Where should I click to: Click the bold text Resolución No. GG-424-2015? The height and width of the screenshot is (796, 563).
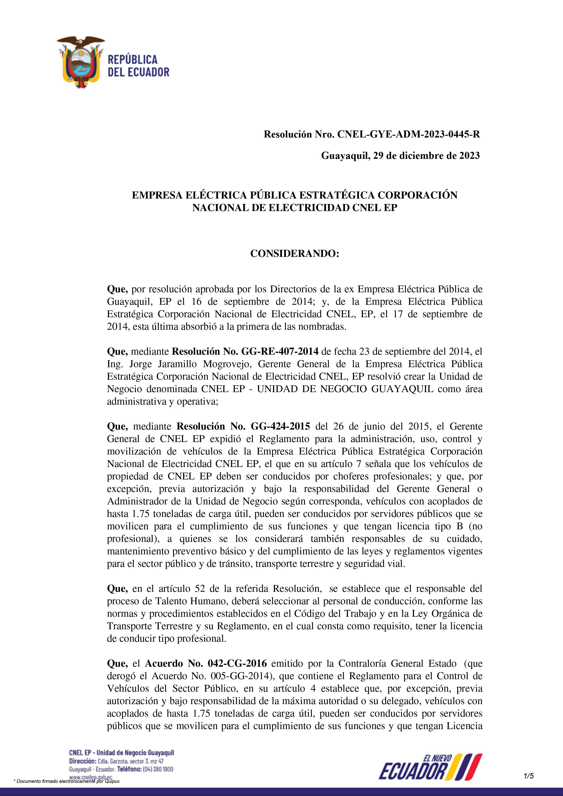(243, 426)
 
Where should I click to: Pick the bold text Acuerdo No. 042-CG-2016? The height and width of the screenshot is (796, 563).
(206, 663)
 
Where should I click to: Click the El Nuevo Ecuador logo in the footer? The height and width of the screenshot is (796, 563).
(430, 766)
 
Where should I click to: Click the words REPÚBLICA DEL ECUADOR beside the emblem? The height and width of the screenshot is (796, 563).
(138, 66)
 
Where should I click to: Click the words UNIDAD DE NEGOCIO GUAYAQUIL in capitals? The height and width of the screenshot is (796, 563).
(345, 389)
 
